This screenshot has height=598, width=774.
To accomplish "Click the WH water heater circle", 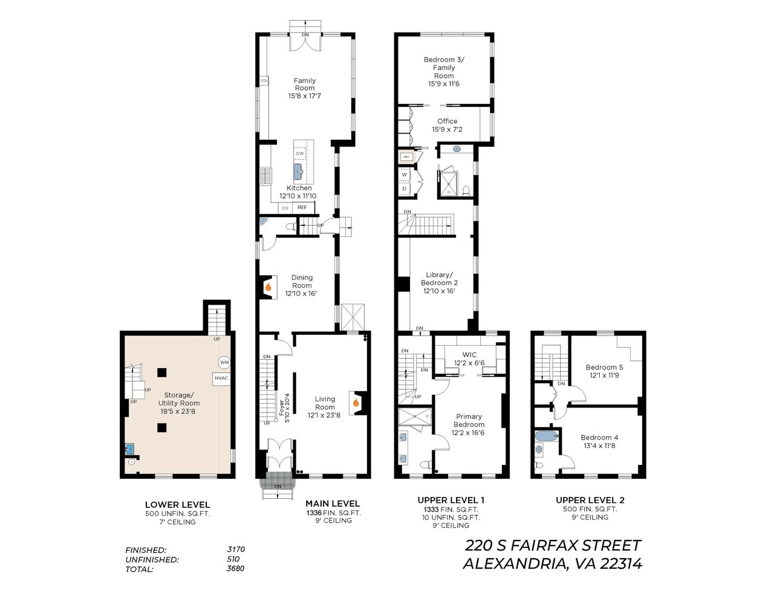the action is (x=224, y=362).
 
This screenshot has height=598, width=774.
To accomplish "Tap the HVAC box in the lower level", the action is (x=221, y=379).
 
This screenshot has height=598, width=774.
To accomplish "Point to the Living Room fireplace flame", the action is (x=356, y=403).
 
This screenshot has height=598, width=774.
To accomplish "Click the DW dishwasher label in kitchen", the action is (x=300, y=154).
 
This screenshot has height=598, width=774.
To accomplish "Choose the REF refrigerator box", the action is (x=303, y=207).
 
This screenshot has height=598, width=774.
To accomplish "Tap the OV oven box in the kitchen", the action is (x=285, y=208).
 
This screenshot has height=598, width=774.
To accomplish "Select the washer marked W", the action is (x=405, y=175).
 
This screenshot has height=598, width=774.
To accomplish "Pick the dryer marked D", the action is (x=405, y=189).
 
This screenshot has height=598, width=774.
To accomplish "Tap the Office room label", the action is (x=447, y=121).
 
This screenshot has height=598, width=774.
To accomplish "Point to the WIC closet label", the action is (x=469, y=355).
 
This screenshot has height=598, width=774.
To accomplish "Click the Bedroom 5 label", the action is (x=605, y=367).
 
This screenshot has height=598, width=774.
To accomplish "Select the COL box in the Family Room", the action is (x=264, y=81).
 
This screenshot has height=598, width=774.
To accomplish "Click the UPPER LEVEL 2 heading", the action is (x=590, y=501).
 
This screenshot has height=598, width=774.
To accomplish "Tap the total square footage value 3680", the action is (x=235, y=568).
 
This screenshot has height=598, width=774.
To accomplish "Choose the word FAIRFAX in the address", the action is (x=551, y=545).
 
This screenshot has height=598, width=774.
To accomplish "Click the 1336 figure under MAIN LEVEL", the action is (x=313, y=513).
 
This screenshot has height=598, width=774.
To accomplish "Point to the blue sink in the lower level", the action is (x=129, y=449).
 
